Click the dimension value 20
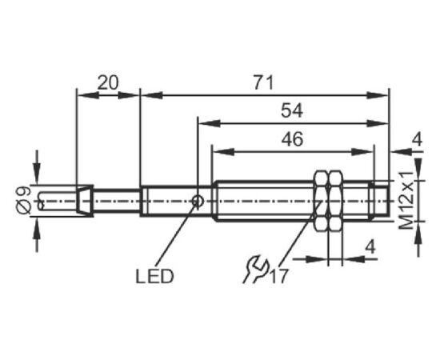(108, 82)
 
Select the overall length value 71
(263, 82)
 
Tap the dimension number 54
(292, 110)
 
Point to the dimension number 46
(292, 139)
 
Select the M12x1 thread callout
(406, 200)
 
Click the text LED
(154, 276)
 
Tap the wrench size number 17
(278, 276)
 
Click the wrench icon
(256, 270)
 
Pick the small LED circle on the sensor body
(198, 201)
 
